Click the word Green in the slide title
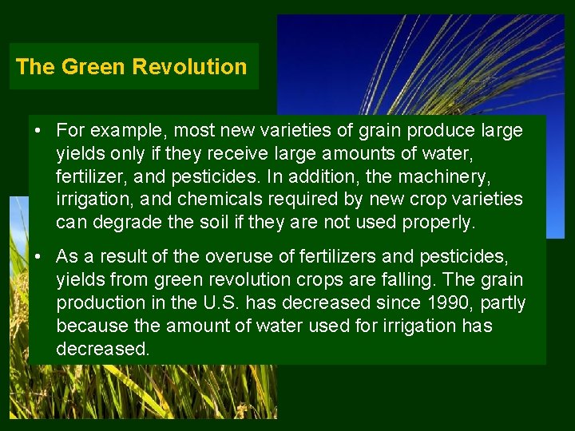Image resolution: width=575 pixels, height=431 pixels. [93, 67]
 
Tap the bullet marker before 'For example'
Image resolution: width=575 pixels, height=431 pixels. [38, 129]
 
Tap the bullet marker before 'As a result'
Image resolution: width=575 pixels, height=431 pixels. [38, 257]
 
